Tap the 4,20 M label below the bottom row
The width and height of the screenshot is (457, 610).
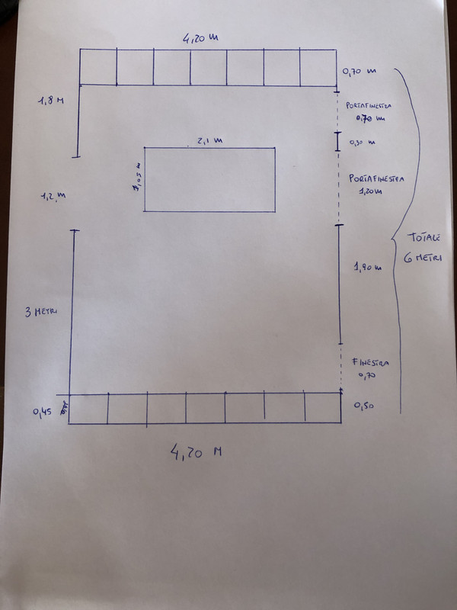coord(197,452)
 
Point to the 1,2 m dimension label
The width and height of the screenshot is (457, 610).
coord(53,196)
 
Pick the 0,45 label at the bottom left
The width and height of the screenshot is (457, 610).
coord(43,412)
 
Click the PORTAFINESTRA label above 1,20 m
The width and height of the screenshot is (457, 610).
coord(376,178)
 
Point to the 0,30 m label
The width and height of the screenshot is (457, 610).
coord(362,142)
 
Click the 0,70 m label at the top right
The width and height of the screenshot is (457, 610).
coord(360,71)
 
